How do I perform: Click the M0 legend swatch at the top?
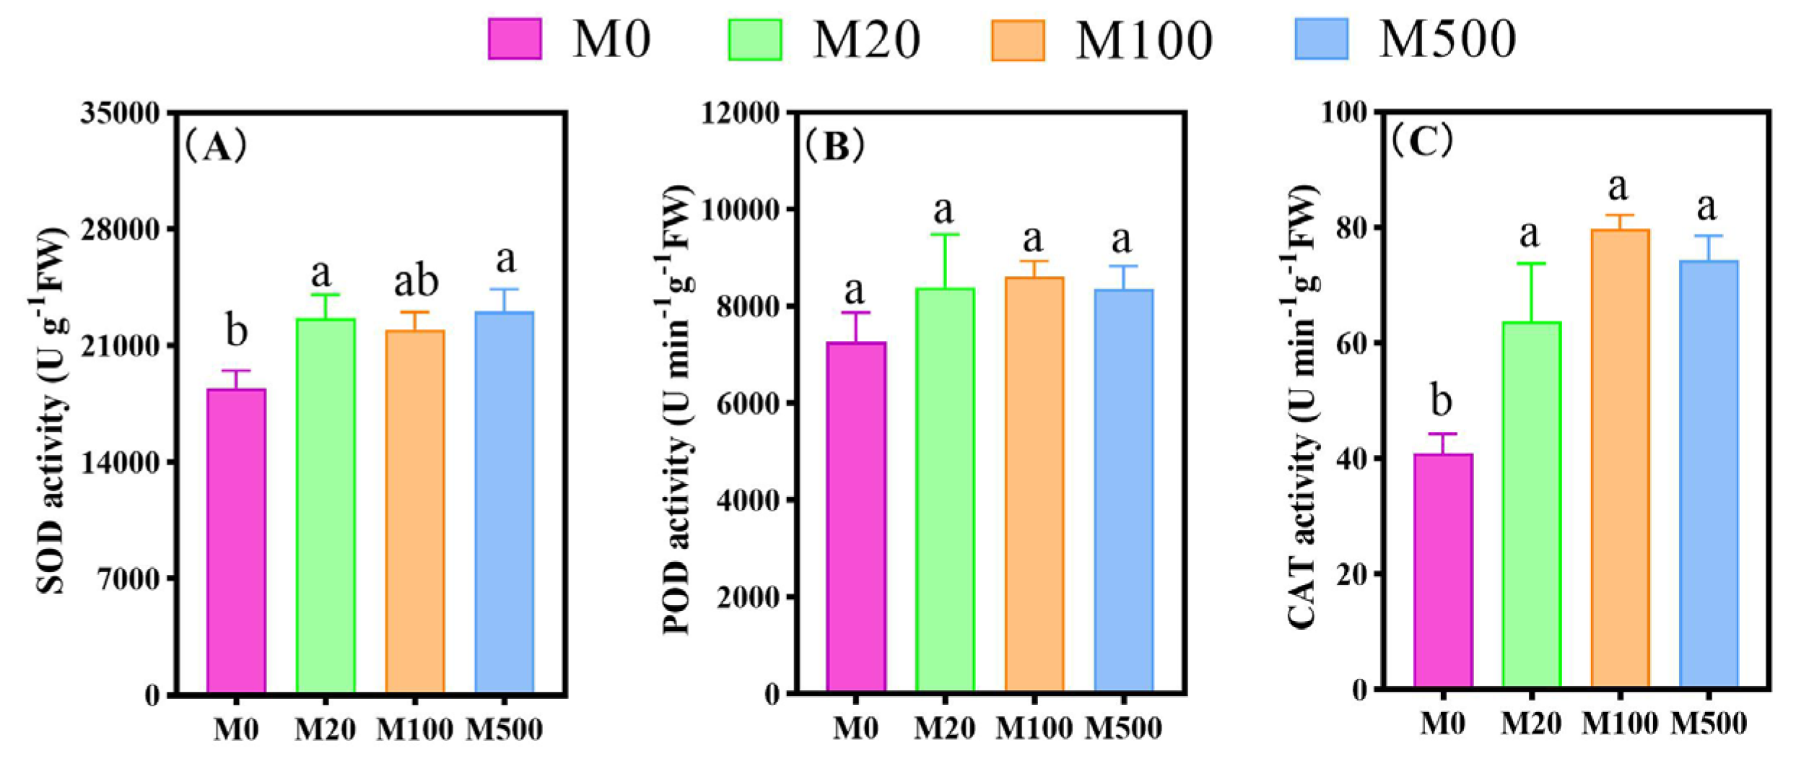pyautogui.click(x=515, y=39)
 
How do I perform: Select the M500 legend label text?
pyautogui.click(x=1447, y=39)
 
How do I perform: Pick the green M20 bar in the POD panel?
pyautogui.click(x=945, y=490)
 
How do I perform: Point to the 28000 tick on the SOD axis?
pyautogui.click(x=121, y=230)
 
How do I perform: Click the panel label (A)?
pyautogui.click(x=216, y=147)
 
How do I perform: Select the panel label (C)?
pyautogui.click(x=1422, y=142)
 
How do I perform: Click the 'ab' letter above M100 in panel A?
pyautogui.click(x=416, y=281)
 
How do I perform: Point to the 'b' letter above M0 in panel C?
pyautogui.click(x=1441, y=402)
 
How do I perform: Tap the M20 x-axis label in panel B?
pyautogui.click(x=944, y=728)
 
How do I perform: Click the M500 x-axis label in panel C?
pyautogui.click(x=1709, y=723)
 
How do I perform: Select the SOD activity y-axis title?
pyautogui.click(x=52, y=412)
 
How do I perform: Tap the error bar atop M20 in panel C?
pyautogui.click(x=1531, y=292)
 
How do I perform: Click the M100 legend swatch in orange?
pyautogui.click(x=1017, y=40)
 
